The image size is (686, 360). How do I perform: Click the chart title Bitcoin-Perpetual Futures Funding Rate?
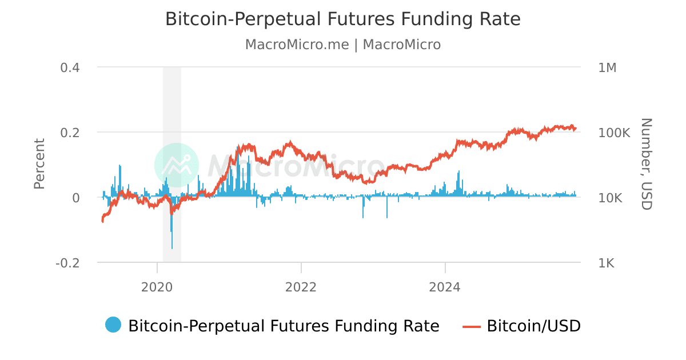pyautogui.click(x=343, y=19)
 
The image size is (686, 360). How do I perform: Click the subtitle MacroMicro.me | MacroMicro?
pyautogui.click(x=343, y=45)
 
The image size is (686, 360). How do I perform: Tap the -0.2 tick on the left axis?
pyautogui.click(x=67, y=263)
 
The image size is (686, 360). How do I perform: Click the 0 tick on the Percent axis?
pyautogui.click(x=75, y=198)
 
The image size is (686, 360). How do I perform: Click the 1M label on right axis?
pyautogui.click(x=607, y=67)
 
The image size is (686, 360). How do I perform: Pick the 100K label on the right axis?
pyautogui.click(x=614, y=133)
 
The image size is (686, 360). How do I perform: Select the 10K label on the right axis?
pyautogui.click(x=611, y=198)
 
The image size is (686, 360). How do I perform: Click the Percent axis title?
pyautogui.click(x=39, y=163)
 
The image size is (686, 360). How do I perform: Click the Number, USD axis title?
pyautogui.click(x=646, y=163)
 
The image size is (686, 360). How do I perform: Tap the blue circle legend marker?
pyautogui.click(x=113, y=325)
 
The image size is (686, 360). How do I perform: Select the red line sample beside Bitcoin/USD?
pyautogui.click(x=472, y=326)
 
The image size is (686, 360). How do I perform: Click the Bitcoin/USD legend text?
pyautogui.click(x=533, y=326)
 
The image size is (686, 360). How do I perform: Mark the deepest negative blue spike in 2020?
pyautogui.click(x=172, y=247)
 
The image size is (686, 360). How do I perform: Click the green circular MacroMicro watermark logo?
pyautogui.click(x=177, y=165)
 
